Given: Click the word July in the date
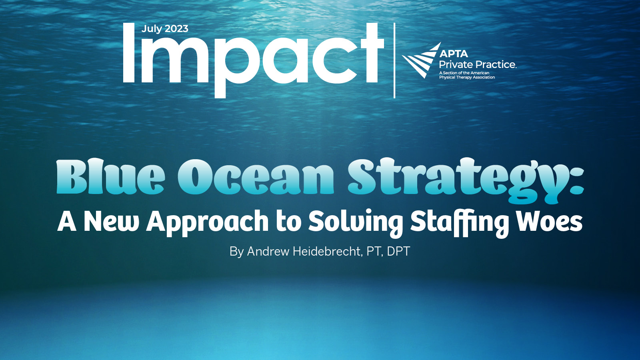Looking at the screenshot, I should (x=152, y=29).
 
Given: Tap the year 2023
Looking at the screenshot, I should (x=176, y=29).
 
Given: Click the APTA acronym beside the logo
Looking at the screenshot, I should (x=454, y=54).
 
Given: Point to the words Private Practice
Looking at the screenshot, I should (x=477, y=64).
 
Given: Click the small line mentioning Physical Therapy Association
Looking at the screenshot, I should (x=467, y=77).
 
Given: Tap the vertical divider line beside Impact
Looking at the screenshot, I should (x=394, y=60).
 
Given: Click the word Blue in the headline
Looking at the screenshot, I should (x=110, y=177).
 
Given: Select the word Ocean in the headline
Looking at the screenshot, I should (x=256, y=177).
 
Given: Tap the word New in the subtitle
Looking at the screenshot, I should (x=111, y=222).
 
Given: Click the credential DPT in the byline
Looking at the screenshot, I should (x=398, y=251).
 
